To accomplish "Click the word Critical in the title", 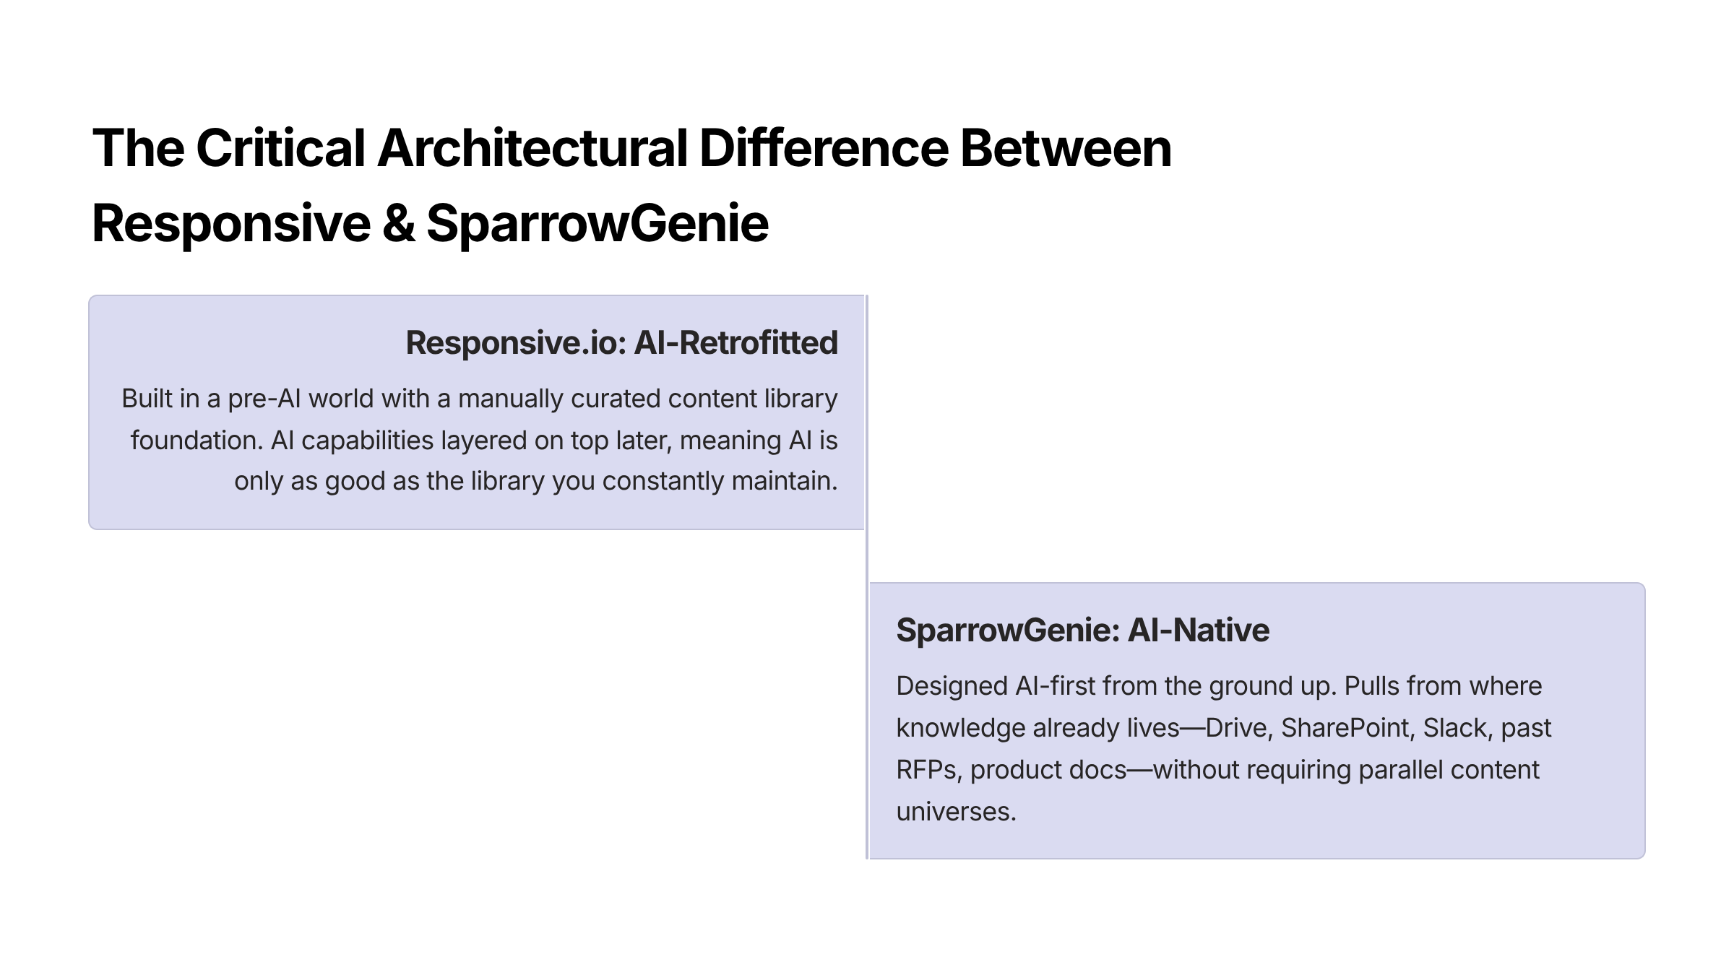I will (x=280, y=148).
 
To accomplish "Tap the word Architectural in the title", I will (x=532, y=148).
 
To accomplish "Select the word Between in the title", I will (x=1065, y=148).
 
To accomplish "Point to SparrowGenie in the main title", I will (x=598, y=223).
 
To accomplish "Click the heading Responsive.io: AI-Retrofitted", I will (x=621, y=343).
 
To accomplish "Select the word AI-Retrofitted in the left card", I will (x=736, y=343).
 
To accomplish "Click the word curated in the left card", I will (x=616, y=399).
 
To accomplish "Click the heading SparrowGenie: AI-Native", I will (x=1082, y=630).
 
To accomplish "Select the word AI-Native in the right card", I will (x=1198, y=630).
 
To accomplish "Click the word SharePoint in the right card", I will (x=1345, y=728).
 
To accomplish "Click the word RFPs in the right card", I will (x=929, y=770).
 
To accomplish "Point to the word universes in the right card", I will (x=955, y=812).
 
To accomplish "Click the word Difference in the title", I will (x=824, y=148).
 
